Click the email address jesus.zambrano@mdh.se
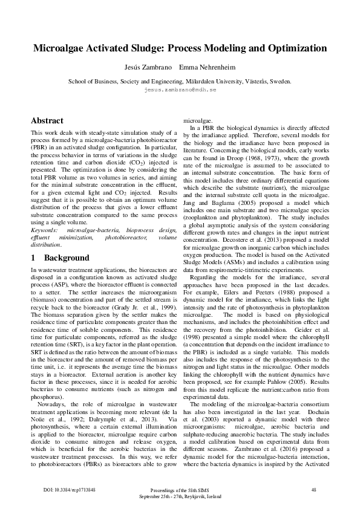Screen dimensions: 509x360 (180, 89)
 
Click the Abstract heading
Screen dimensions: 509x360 (47, 120)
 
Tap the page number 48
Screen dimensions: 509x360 (313, 489)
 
